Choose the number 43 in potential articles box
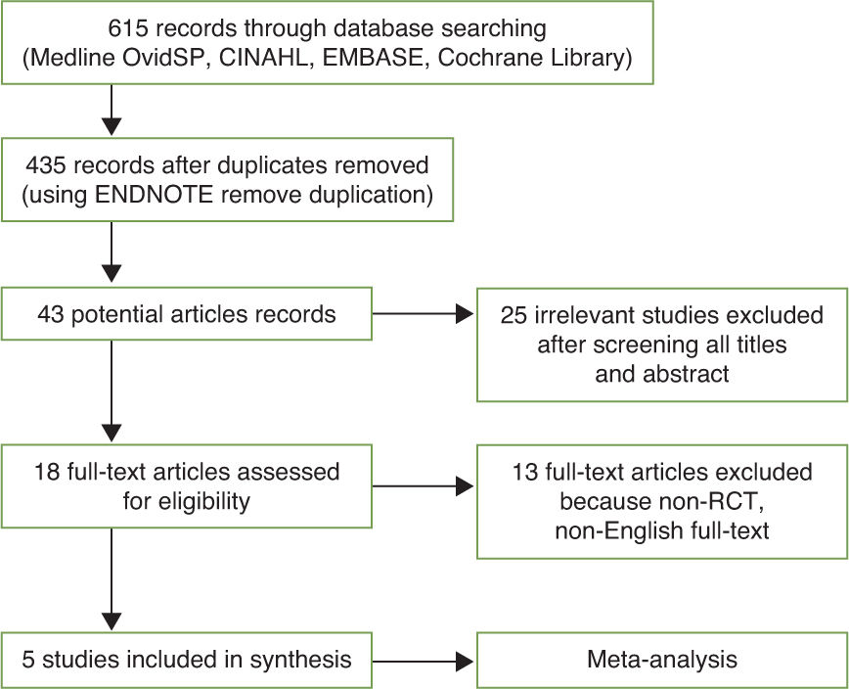(x=52, y=314)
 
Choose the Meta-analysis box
(x=661, y=659)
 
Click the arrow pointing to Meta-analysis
(x=420, y=659)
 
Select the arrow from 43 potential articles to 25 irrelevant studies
(x=420, y=315)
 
